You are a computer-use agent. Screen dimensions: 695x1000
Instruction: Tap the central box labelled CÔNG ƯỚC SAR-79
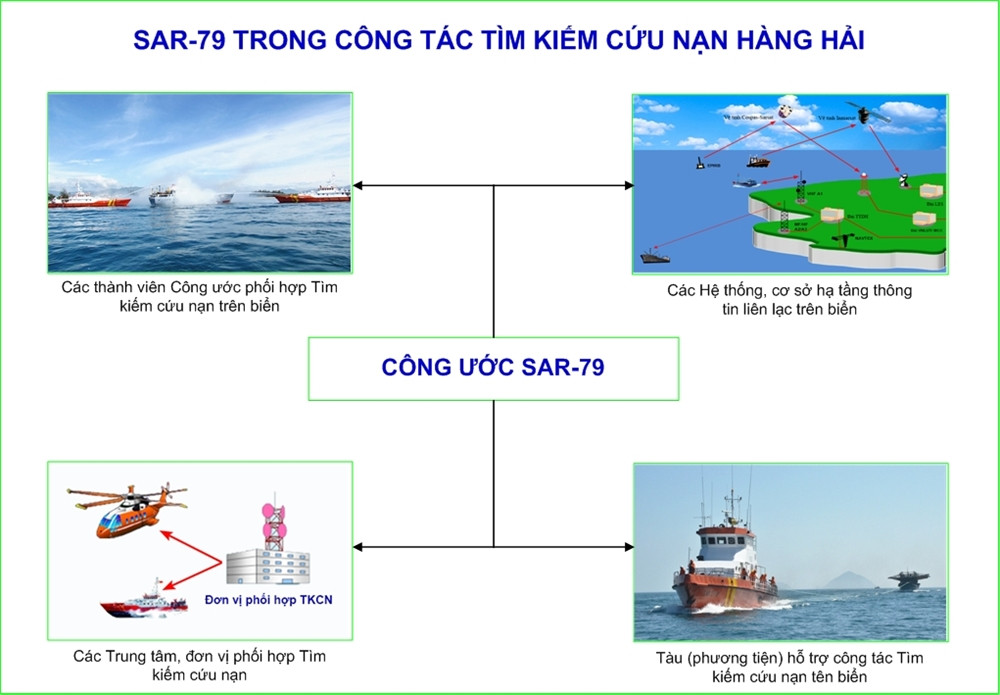(x=493, y=368)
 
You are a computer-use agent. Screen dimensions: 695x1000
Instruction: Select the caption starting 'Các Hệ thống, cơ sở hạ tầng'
(x=789, y=291)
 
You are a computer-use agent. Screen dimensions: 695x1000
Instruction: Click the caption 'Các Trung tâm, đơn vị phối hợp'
(x=199, y=657)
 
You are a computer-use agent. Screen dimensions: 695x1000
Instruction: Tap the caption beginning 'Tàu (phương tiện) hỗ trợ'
(x=790, y=658)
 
